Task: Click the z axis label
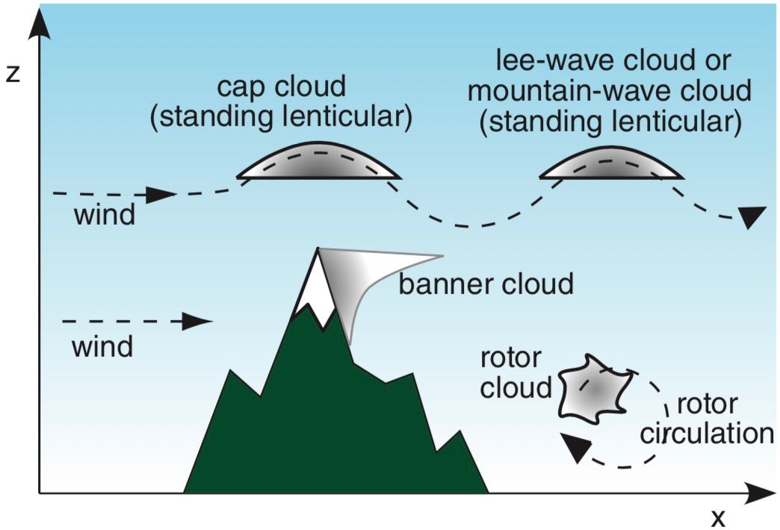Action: (12, 73)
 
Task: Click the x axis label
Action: (718, 518)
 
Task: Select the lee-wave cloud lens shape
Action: (611, 165)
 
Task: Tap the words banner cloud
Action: (486, 284)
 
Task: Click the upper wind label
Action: (105, 215)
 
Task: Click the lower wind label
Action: (102, 346)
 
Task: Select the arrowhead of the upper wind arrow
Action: (161, 194)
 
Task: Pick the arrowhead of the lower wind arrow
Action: (197, 322)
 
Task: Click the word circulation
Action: (707, 434)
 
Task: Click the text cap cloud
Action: (282, 87)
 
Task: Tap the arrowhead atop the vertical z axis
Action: (40, 23)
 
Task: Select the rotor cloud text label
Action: (516, 373)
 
